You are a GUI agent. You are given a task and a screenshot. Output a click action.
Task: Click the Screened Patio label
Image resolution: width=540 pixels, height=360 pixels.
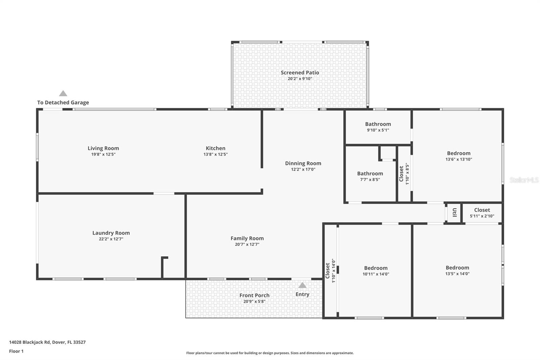point(300,73)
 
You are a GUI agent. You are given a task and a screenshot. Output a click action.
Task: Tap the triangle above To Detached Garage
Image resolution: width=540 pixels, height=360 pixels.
point(63,94)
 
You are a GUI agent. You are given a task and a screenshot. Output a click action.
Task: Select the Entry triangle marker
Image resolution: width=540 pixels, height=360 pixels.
point(302,285)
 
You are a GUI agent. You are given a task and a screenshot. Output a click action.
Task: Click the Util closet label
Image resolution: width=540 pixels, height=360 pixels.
point(454,212)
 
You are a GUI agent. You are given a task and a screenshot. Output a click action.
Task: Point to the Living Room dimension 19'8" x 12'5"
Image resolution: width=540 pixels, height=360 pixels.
point(103,154)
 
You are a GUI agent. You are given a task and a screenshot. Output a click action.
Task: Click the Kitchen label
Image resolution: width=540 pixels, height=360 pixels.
point(215,148)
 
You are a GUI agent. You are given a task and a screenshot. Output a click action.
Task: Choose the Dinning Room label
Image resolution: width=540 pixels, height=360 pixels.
point(303,163)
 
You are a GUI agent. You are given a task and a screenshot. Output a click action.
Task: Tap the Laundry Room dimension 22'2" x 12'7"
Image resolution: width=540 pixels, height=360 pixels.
point(111,239)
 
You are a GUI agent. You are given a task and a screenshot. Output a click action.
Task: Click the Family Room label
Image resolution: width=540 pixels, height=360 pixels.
point(247,238)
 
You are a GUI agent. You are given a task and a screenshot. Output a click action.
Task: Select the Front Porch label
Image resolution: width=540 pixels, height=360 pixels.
point(254,295)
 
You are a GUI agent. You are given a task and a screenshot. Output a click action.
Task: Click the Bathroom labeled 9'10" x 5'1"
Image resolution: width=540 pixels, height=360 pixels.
point(378,124)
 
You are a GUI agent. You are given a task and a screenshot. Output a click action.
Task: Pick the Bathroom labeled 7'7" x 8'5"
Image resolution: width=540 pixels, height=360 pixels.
point(370,174)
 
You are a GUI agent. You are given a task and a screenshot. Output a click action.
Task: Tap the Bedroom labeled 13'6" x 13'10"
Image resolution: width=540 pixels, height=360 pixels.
point(459,153)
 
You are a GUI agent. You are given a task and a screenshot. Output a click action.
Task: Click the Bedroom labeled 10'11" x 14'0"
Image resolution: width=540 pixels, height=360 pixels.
point(376,268)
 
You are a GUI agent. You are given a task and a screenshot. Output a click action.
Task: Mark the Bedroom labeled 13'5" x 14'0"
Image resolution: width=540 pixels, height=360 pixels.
point(457,268)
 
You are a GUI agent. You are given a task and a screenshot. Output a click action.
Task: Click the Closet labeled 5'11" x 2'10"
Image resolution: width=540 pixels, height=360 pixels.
point(482,210)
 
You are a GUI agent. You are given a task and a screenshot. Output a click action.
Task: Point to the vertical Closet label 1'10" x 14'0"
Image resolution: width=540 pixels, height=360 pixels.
point(327,271)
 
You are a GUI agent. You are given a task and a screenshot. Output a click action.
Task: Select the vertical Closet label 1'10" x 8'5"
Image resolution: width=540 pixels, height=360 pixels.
point(401,174)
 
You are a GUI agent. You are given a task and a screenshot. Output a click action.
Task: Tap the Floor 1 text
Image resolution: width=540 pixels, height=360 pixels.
point(16,351)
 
